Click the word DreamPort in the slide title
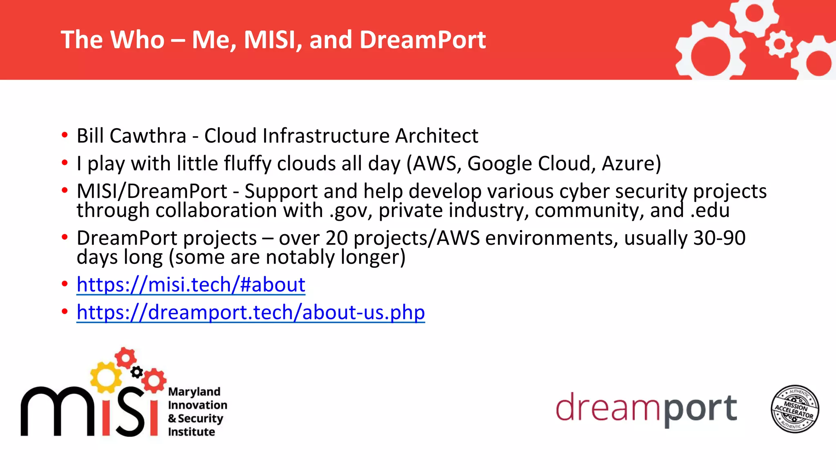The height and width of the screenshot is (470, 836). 422,40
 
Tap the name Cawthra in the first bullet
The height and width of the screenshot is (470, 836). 148,136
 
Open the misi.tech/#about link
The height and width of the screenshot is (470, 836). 191,285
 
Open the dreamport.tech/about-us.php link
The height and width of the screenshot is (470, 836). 251,313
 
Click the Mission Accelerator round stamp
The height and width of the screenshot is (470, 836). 794,409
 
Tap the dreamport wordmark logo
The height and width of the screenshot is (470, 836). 646,408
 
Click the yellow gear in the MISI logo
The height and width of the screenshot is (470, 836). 106,377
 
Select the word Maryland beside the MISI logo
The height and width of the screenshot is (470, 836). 194,392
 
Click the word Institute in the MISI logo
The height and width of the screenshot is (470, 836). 191,432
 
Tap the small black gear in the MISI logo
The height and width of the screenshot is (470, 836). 137,372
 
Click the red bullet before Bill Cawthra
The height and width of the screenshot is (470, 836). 64,135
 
